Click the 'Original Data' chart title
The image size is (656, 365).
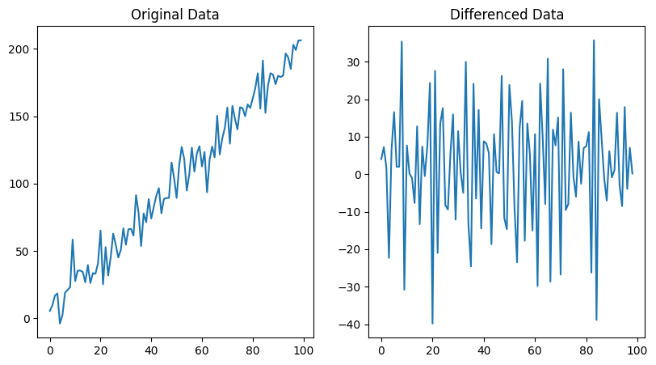(x=175, y=15)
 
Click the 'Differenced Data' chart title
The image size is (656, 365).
(x=507, y=15)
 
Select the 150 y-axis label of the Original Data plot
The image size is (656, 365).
(x=20, y=117)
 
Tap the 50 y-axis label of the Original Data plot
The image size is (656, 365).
(x=24, y=252)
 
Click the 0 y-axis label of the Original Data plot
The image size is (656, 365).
(x=27, y=319)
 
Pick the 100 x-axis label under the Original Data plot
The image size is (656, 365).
(x=303, y=350)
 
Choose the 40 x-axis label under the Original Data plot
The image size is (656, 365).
(x=151, y=350)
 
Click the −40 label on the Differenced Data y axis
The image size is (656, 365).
(x=351, y=325)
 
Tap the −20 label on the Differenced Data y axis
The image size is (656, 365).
(x=351, y=250)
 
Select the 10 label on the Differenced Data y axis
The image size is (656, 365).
(x=355, y=138)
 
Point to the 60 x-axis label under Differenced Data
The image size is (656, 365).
(x=535, y=350)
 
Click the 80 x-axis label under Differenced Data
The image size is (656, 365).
(x=587, y=350)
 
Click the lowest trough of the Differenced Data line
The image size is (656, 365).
(x=432, y=324)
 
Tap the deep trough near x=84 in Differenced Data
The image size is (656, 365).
(x=596, y=320)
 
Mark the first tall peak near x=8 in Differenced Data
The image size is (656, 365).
(x=402, y=41)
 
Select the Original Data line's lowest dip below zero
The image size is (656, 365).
(x=60, y=324)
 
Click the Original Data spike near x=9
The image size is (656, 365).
(x=73, y=240)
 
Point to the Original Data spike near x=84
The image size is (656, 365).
(x=263, y=61)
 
